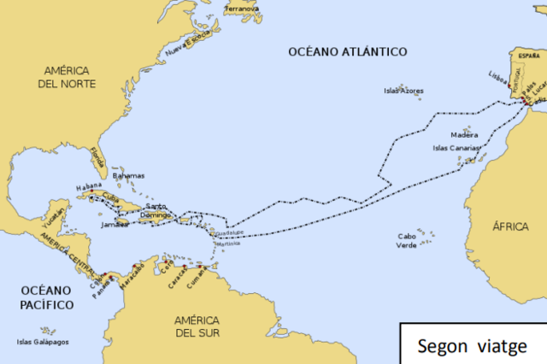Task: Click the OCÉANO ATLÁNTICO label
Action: click(x=346, y=52)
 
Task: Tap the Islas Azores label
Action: click(x=403, y=90)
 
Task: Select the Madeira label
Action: click(x=464, y=135)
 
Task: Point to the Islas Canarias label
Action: click(x=453, y=148)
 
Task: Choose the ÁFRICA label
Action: click(x=510, y=226)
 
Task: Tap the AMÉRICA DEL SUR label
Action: click(x=197, y=327)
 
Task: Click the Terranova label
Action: click(x=242, y=9)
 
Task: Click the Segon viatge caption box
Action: click(x=473, y=343)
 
